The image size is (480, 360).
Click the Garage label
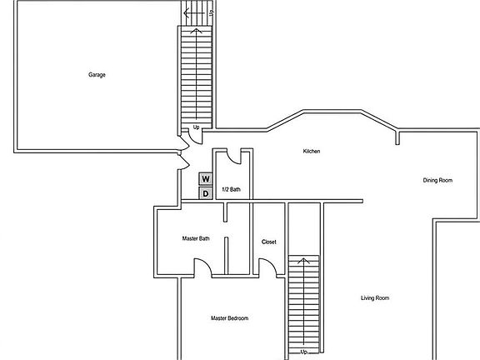(x=97, y=75)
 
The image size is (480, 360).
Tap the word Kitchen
(x=312, y=151)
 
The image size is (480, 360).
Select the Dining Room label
(x=438, y=180)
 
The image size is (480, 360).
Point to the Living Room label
(x=374, y=297)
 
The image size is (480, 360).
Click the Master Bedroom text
(x=229, y=318)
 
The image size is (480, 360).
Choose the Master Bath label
(x=196, y=239)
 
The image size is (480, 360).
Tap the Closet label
(x=269, y=242)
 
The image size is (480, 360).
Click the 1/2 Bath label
(x=231, y=189)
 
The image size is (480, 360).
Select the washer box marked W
(x=205, y=178)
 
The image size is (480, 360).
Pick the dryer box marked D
(x=205, y=193)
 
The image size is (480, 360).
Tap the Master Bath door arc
(x=202, y=267)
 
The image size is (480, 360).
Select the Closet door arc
(x=267, y=267)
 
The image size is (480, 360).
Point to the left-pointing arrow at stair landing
(x=190, y=13)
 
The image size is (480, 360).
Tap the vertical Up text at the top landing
(x=212, y=12)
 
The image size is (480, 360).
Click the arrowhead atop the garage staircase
(x=197, y=31)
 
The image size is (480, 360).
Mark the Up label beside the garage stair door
(x=196, y=127)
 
